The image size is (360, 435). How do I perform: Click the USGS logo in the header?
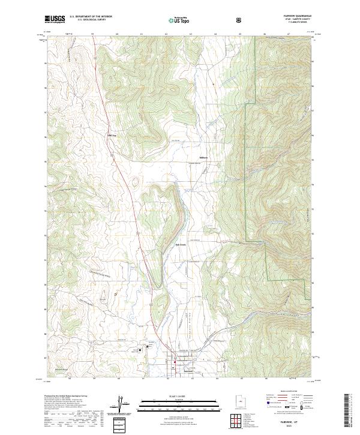click(55, 20)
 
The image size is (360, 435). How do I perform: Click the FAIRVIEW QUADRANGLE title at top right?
click(293, 16)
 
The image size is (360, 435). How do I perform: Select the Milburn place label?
click(203, 158)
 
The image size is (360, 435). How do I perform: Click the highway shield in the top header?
click(240, 20)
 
